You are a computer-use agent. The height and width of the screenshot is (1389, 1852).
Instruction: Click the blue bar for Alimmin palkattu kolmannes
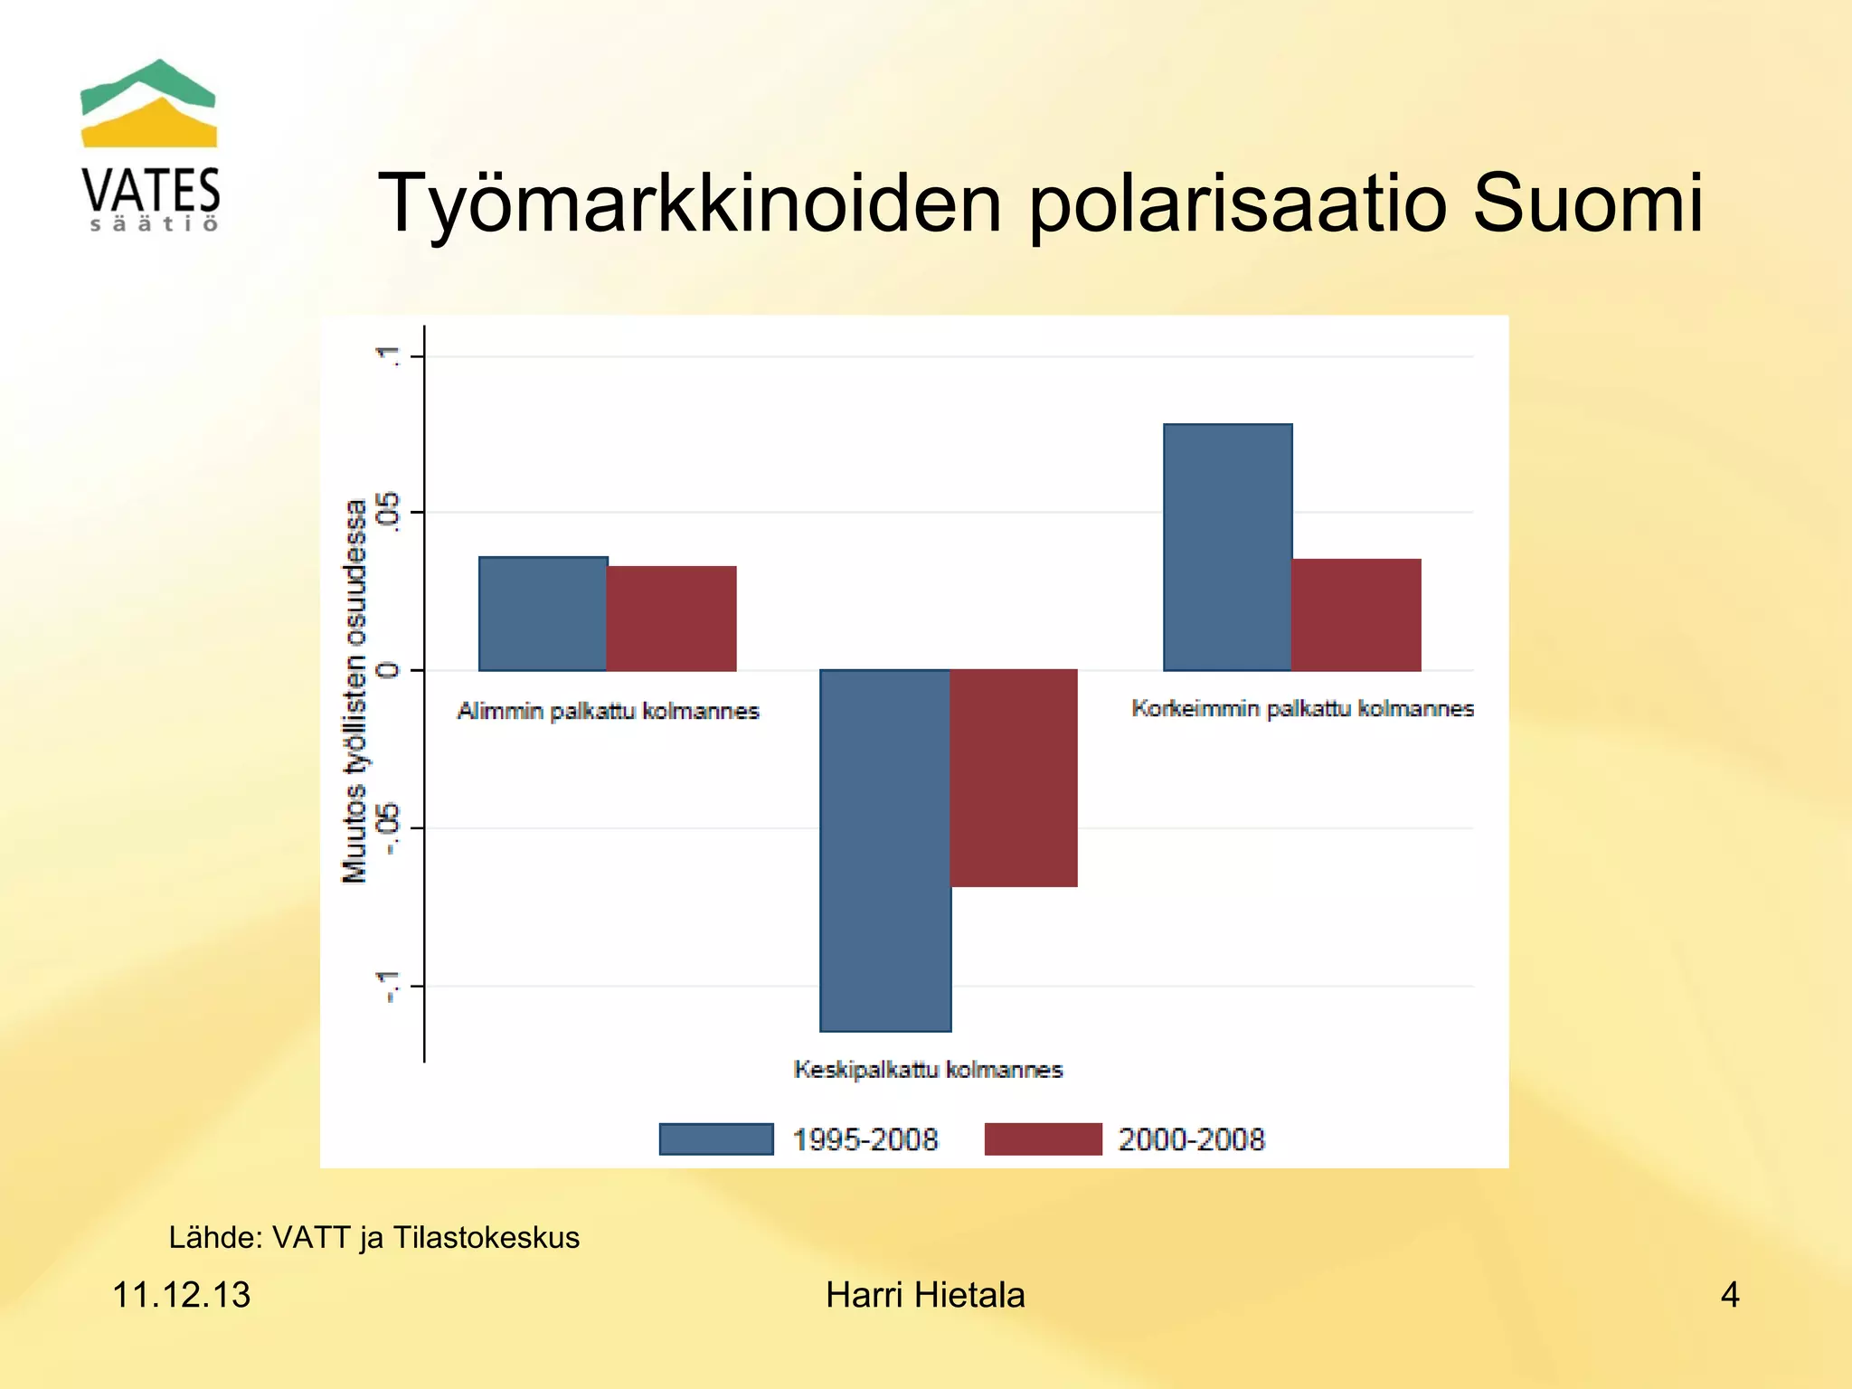tap(543, 614)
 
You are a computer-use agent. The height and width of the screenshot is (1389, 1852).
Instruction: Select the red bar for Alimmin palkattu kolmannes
tap(671, 619)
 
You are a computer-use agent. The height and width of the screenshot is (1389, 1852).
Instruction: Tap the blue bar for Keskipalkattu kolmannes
tap(885, 850)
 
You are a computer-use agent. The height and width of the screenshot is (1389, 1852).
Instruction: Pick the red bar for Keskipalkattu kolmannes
tap(1014, 778)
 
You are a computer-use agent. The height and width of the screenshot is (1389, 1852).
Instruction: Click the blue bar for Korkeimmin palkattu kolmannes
tap(1227, 547)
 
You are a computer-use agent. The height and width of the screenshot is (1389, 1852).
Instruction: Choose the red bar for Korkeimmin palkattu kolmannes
tap(1356, 615)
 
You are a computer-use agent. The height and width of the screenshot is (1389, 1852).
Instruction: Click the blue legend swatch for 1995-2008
tap(716, 1139)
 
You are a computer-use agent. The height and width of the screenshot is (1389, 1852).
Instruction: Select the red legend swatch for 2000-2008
tap(1043, 1139)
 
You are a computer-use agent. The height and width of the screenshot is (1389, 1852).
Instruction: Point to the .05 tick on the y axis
tap(390, 512)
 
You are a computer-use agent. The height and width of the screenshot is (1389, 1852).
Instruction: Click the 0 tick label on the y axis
tap(389, 670)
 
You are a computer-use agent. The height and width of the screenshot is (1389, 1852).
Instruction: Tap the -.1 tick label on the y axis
tap(389, 986)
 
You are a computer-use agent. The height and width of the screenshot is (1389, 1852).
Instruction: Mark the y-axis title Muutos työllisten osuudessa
tap(354, 691)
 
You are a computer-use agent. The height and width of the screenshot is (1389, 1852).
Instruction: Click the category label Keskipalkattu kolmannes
tap(928, 1070)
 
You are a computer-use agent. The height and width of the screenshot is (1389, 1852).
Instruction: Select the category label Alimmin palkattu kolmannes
tap(608, 711)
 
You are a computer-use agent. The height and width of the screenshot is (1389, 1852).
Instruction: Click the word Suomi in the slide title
tap(1587, 203)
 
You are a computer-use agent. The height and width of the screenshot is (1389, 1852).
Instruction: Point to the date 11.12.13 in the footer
tap(181, 1295)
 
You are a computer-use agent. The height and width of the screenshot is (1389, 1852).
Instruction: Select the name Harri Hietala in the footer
tap(925, 1295)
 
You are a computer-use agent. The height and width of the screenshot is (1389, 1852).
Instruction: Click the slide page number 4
tap(1729, 1295)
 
